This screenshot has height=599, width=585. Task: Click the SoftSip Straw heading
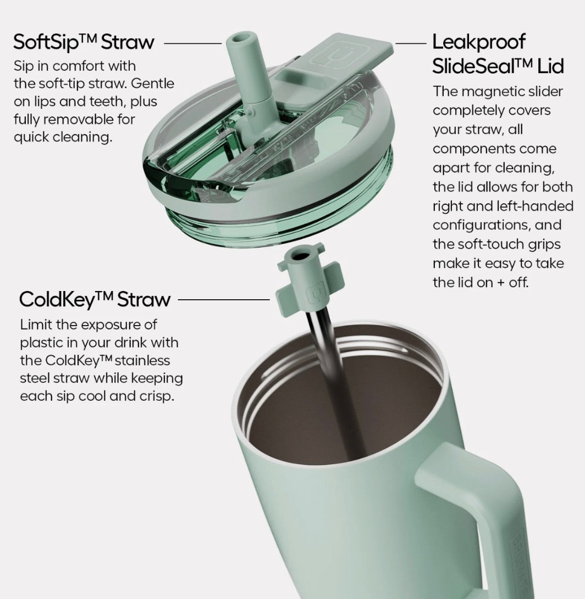pos(84,42)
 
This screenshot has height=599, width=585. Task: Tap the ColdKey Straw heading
pos(95,299)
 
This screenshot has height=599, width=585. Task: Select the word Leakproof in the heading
pos(479,42)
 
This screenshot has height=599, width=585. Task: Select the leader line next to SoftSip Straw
pos(193,43)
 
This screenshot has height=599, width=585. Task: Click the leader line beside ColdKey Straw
pos(224,300)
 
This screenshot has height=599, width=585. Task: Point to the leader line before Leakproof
pos(411,43)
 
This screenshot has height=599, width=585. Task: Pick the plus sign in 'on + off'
pos(499,283)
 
